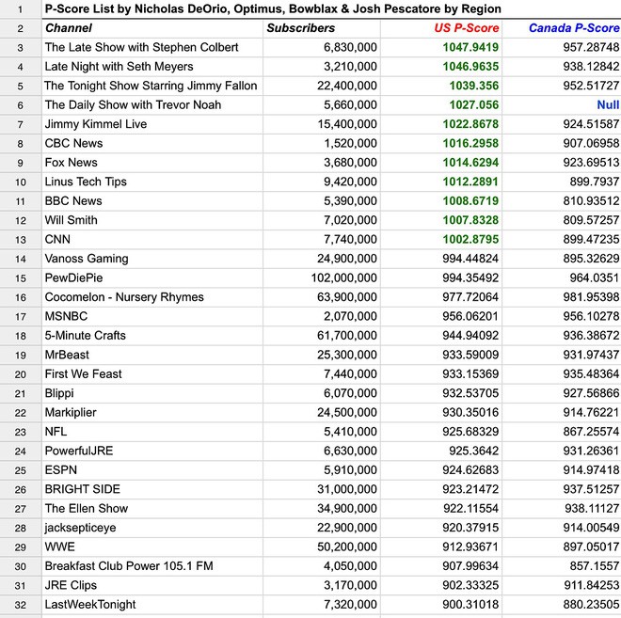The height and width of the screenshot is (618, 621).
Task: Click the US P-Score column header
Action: coord(467,28)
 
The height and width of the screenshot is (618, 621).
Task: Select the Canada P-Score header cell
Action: coord(574,28)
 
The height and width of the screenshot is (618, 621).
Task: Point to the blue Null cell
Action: coord(608,104)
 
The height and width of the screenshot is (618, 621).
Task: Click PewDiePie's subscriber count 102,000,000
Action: coord(343,277)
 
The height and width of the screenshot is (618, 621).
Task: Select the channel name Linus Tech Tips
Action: coord(86,182)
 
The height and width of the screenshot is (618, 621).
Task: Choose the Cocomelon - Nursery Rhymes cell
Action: coord(124,297)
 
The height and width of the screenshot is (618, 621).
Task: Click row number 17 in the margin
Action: coord(20,316)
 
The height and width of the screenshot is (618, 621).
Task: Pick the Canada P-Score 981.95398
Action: coord(584,297)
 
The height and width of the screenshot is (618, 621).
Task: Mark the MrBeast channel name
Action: coord(69,355)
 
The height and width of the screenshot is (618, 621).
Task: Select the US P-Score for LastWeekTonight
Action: coord(467,604)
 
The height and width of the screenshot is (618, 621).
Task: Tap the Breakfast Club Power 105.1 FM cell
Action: coord(129,565)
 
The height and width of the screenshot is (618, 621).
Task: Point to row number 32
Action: coord(20,604)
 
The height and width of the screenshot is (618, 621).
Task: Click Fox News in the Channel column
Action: coord(72,162)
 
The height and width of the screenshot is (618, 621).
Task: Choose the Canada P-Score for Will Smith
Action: coord(584,220)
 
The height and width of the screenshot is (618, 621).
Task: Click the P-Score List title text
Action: coord(273,8)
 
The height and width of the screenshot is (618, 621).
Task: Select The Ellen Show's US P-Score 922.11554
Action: coord(467,508)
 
